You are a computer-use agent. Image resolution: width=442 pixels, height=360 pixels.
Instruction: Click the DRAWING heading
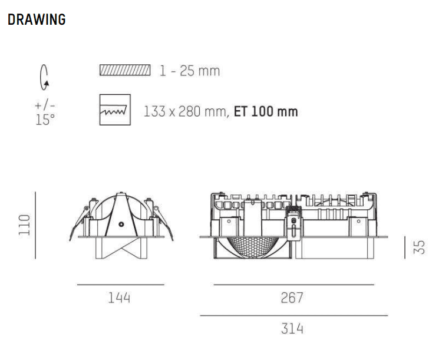pos(37,19)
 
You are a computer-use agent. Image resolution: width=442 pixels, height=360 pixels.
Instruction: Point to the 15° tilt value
pos(45,120)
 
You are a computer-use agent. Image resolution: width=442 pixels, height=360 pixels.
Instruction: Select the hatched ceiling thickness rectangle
pos(125,70)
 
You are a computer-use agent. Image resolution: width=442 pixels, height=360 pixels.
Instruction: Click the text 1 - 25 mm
pos(189,71)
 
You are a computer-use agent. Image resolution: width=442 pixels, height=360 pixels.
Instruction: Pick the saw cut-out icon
pos(115,110)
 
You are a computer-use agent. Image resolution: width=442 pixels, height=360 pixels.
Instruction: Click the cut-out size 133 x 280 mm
pos(185,111)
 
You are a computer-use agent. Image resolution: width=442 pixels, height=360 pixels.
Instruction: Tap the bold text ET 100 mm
pos(266,111)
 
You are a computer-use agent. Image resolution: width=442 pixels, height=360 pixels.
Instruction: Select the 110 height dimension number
pos(24,224)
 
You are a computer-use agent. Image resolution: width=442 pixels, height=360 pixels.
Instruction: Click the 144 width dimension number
pos(119,298)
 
